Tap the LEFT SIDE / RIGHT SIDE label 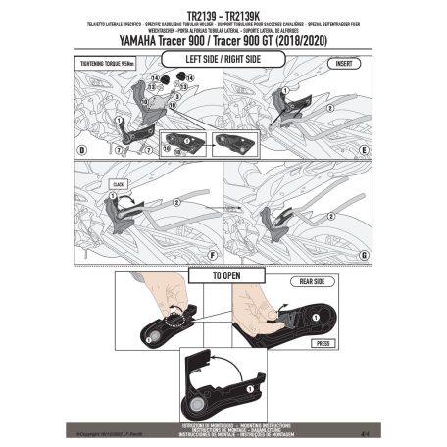click(222, 59)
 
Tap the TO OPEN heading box click(223, 276)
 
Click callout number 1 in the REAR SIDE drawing click(313, 312)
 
